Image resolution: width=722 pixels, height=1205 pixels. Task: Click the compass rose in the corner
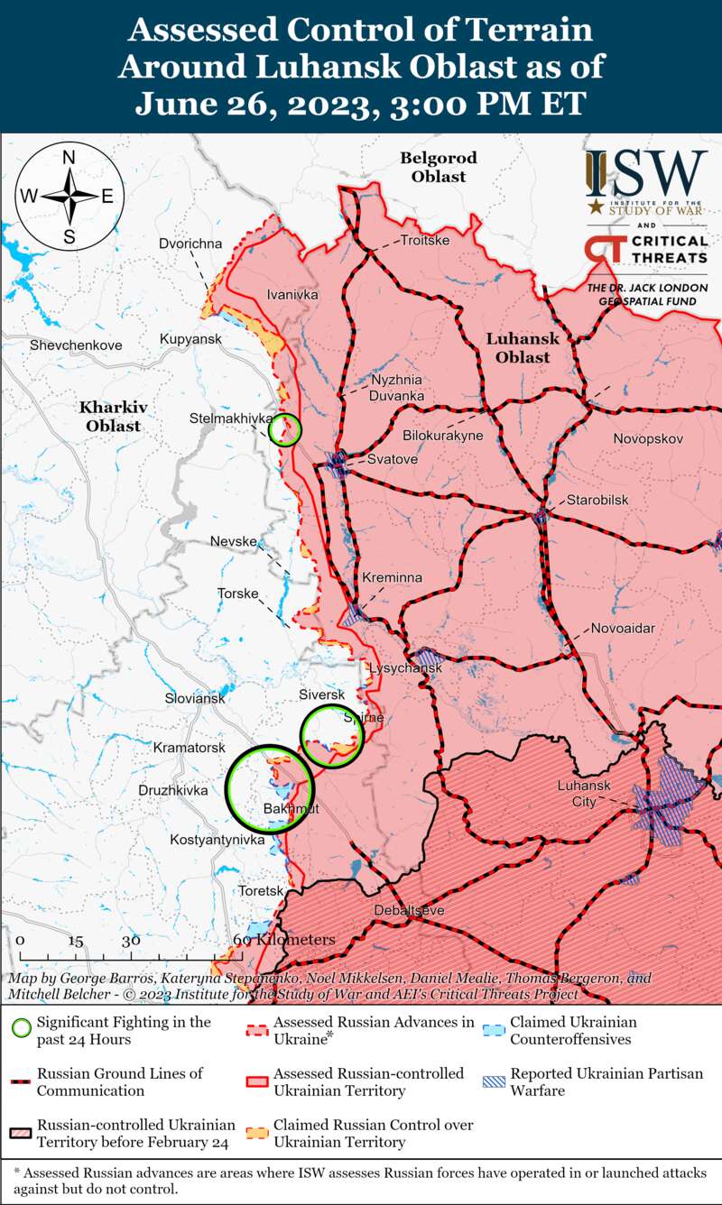[69, 196]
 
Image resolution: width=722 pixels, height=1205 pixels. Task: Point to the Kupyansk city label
[190, 338]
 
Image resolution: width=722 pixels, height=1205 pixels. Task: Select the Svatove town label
[392, 460]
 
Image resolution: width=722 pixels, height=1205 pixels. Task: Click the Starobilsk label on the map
[597, 500]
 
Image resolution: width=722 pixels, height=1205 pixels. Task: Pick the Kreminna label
[392, 577]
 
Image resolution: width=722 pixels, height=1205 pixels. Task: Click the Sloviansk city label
[194, 698]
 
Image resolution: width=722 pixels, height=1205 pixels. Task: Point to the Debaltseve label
[409, 911]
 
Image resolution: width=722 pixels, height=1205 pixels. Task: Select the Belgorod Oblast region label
[439, 167]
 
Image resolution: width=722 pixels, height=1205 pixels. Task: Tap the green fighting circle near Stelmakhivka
[285, 430]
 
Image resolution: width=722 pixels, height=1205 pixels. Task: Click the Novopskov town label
[648, 438]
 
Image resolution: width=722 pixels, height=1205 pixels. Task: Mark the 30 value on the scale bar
[131, 940]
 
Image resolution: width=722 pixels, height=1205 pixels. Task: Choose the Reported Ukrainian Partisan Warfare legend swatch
[493, 1081]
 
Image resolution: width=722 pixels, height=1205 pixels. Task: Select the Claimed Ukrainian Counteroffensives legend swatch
[493, 1030]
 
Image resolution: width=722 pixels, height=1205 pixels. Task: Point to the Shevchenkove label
[75, 345]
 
